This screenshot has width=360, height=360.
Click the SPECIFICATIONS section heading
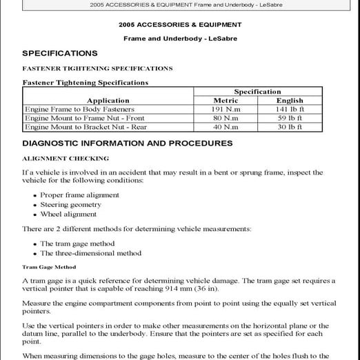click(x=59, y=54)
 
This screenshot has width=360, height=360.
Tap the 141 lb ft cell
click(x=290, y=109)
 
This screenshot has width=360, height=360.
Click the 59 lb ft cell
click(x=290, y=118)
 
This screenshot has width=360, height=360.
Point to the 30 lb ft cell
click(x=290, y=127)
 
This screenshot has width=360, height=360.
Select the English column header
click(x=290, y=100)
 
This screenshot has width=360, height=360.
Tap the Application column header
click(x=108, y=100)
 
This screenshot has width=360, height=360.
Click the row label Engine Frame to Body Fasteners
click(x=79, y=109)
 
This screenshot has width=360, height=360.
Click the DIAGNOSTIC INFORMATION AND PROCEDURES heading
click(x=127, y=143)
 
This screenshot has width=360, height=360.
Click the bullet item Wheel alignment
click(x=68, y=214)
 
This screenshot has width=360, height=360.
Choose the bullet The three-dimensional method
click(x=90, y=253)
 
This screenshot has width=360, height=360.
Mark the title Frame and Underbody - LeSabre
click(x=179, y=39)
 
